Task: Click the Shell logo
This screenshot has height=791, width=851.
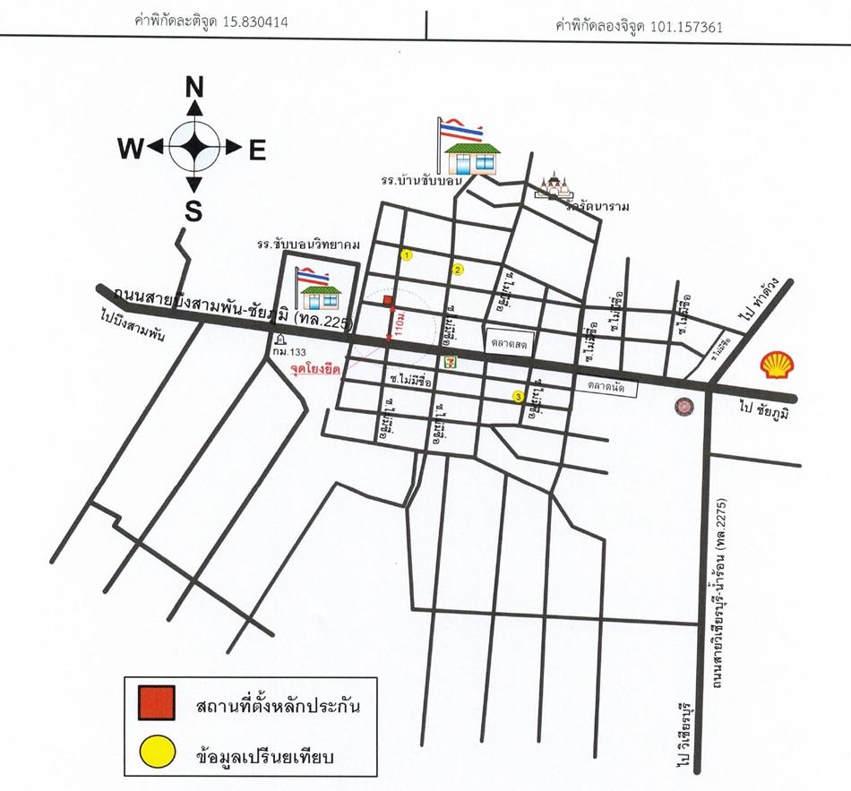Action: [778, 365]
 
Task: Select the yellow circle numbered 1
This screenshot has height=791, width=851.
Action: [408, 255]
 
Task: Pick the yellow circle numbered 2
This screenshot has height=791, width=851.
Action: [458, 269]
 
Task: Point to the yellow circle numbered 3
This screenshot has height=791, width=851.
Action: [518, 397]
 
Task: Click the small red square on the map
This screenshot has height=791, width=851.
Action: [388, 302]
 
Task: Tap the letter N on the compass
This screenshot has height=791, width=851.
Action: [193, 87]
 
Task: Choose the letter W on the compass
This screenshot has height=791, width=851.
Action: [131, 150]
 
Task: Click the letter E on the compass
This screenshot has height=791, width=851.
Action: [257, 151]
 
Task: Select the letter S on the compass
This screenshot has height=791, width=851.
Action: [193, 211]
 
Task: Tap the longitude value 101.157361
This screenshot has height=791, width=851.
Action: [690, 27]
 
